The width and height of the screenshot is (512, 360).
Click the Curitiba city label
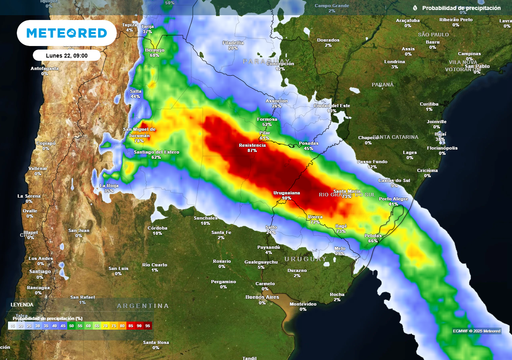[429, 103]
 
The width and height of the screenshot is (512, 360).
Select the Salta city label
[135, 92]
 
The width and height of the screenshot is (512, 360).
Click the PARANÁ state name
[382, 86]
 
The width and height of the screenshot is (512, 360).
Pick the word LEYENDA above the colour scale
[22, 304]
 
